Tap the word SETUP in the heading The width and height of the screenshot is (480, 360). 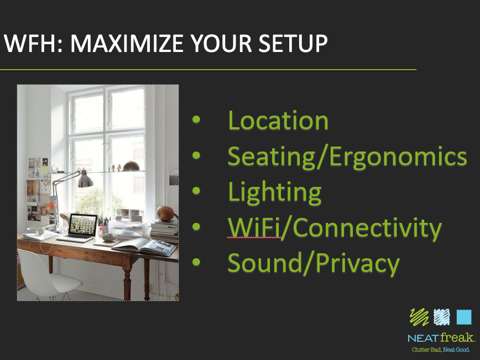[293, 43]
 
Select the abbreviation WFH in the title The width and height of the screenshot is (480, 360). [29, 43]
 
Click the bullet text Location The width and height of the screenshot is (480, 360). [278, 121]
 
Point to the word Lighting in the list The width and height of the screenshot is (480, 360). [275, 192]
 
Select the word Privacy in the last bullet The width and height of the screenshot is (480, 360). [358, 263]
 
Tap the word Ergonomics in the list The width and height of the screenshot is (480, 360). [398, 156]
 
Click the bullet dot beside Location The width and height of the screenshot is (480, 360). [196, 119]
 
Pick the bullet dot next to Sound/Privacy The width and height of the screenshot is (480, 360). [196, 262]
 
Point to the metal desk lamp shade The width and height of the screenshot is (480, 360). [85, 180]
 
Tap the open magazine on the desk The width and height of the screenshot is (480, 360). [144, 247]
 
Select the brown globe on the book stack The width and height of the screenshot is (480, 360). [165, 213]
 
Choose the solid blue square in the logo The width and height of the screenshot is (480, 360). [464, 317]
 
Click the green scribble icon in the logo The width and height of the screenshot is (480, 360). [419, 317]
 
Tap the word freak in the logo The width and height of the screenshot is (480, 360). [457, 337]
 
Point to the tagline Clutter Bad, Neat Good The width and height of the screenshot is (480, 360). [441, 349]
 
